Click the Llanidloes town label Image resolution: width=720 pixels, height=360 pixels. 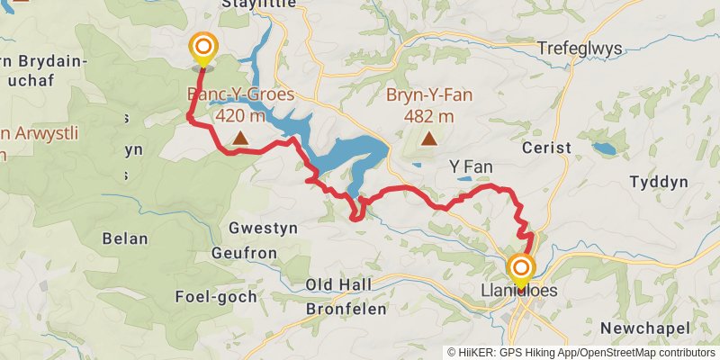coord(521,291)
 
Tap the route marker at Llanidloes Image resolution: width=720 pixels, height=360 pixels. coord(521,268)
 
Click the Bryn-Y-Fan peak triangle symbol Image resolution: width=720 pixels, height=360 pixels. coord(429,139)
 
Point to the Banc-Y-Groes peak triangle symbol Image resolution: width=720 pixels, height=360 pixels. coord(240,138)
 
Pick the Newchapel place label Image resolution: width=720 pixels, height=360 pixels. coord(644,327)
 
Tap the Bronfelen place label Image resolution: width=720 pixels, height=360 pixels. coord(346,308)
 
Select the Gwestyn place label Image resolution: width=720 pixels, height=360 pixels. coord(260,228)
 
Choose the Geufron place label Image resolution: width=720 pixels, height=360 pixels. coord(244,253)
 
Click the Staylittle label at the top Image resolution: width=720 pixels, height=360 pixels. coord(255,4)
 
